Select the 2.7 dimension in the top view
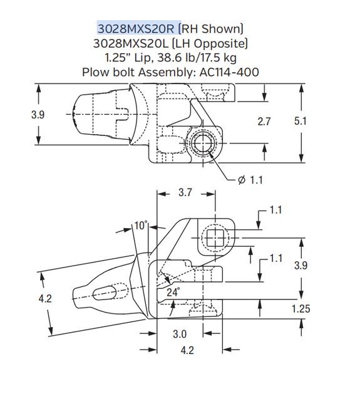pyautogui.click(x=264, y=122)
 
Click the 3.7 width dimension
pyautogui.click(x=185, y=193)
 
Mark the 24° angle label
pyautogui.click(x=173, y=292)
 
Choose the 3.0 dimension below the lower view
pyautogui.click(x=180, y=334)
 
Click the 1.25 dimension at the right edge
pyautogui.click(x=301, y=309)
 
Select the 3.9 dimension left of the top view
pyautogui.click(x=38, y=115)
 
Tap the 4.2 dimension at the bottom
pyautogui.click(x=187, y=351)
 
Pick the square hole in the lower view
pyautogui.click(x=215, y=238)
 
